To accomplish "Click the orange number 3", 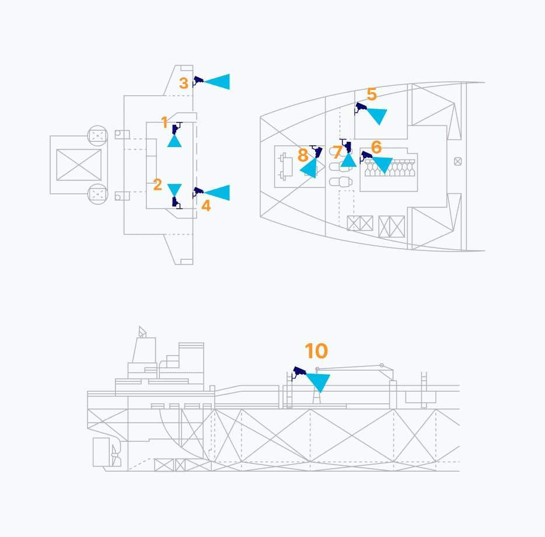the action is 184,83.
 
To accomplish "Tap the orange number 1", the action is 165,122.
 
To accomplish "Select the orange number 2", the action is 158,184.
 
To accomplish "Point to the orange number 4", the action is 206,205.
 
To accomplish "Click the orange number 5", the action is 372,94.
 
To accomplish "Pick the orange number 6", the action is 376,147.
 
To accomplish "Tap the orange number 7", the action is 337,152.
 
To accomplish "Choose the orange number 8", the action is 303,155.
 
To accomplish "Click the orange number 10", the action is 316,351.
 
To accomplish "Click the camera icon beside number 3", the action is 198,81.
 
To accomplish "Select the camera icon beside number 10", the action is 298,373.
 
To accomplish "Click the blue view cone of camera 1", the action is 174,142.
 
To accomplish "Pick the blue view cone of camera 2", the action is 174,189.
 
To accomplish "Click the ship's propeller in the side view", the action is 116,455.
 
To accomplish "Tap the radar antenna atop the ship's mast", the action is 142,332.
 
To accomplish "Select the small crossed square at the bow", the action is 457,161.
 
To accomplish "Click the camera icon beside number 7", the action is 346,145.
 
